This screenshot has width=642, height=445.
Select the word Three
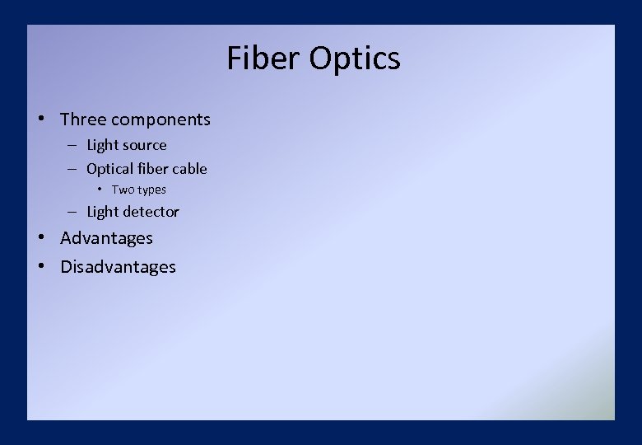(83, 119)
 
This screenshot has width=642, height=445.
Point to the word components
(161, 119)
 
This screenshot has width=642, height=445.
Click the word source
(144, 145)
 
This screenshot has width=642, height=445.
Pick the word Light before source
(102, 145)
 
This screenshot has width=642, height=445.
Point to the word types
(151, 190)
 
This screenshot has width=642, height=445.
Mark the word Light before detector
(102, 212)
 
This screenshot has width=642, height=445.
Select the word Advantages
(106, 238)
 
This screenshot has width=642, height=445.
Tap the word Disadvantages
(118, 267)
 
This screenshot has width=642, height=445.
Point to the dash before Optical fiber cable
(72, 169)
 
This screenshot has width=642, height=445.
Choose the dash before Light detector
(72, 212)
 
